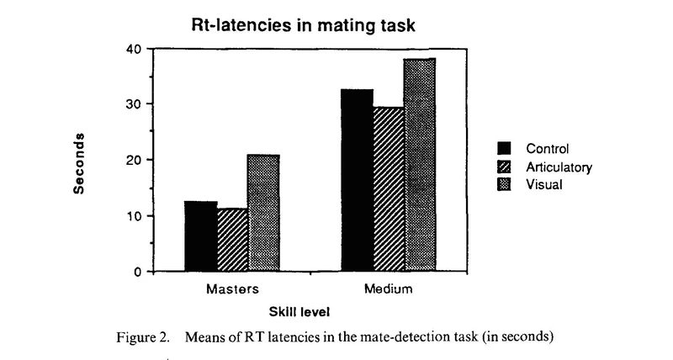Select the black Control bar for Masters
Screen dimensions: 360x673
(201, 236)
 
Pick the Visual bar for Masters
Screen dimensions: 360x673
(262, 213)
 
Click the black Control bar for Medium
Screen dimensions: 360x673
(358, 180)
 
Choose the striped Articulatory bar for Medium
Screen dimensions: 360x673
(389, 189)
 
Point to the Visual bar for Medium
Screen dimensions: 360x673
(419, 165)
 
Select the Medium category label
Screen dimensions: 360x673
(388, 290)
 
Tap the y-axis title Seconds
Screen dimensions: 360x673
(80, 162)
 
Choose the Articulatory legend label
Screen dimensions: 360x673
(559, 167)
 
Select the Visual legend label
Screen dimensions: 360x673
(543, 185)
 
